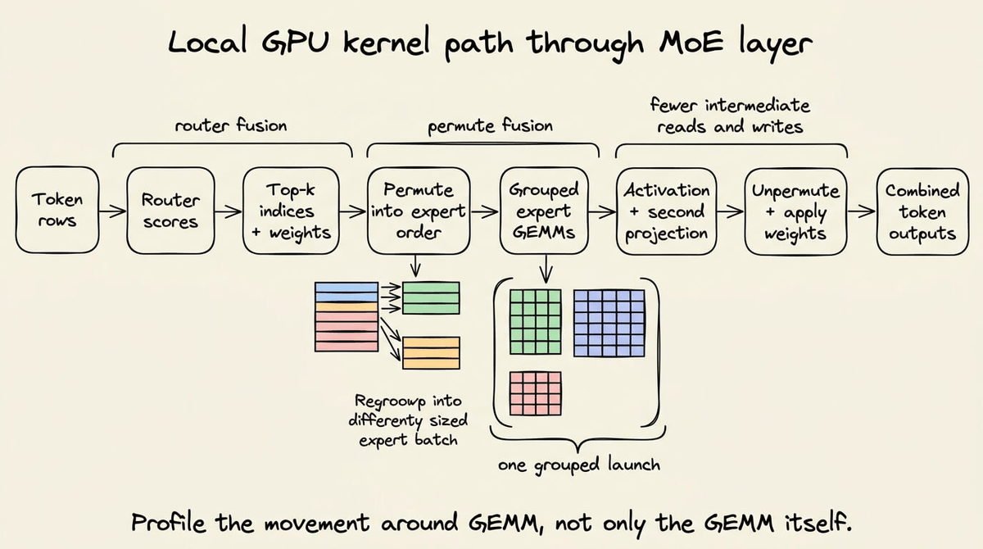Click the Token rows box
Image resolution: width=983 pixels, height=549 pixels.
57,211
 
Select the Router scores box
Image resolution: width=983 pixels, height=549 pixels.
170,211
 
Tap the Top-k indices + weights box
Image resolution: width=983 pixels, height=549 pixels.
291,211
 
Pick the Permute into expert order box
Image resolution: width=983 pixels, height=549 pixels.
419,211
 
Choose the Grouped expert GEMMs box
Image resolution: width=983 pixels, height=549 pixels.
544,211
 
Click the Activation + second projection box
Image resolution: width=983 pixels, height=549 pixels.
667,211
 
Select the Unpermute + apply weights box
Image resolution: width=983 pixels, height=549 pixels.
795,211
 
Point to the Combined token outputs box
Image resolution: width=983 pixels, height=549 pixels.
922,211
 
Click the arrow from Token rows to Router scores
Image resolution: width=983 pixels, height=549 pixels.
113,211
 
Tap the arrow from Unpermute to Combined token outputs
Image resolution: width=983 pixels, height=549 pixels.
862,211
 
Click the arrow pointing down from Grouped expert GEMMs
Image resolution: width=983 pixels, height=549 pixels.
546,269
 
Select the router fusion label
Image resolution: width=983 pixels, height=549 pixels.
231,125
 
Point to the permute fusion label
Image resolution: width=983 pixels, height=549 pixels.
490,126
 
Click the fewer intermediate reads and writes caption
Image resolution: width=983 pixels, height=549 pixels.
730,116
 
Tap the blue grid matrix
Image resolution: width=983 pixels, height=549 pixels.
609,323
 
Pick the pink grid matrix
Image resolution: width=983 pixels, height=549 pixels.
536,393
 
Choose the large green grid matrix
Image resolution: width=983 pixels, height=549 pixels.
536,322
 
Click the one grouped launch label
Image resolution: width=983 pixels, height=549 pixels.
579,465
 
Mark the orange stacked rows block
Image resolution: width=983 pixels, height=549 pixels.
432,353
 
